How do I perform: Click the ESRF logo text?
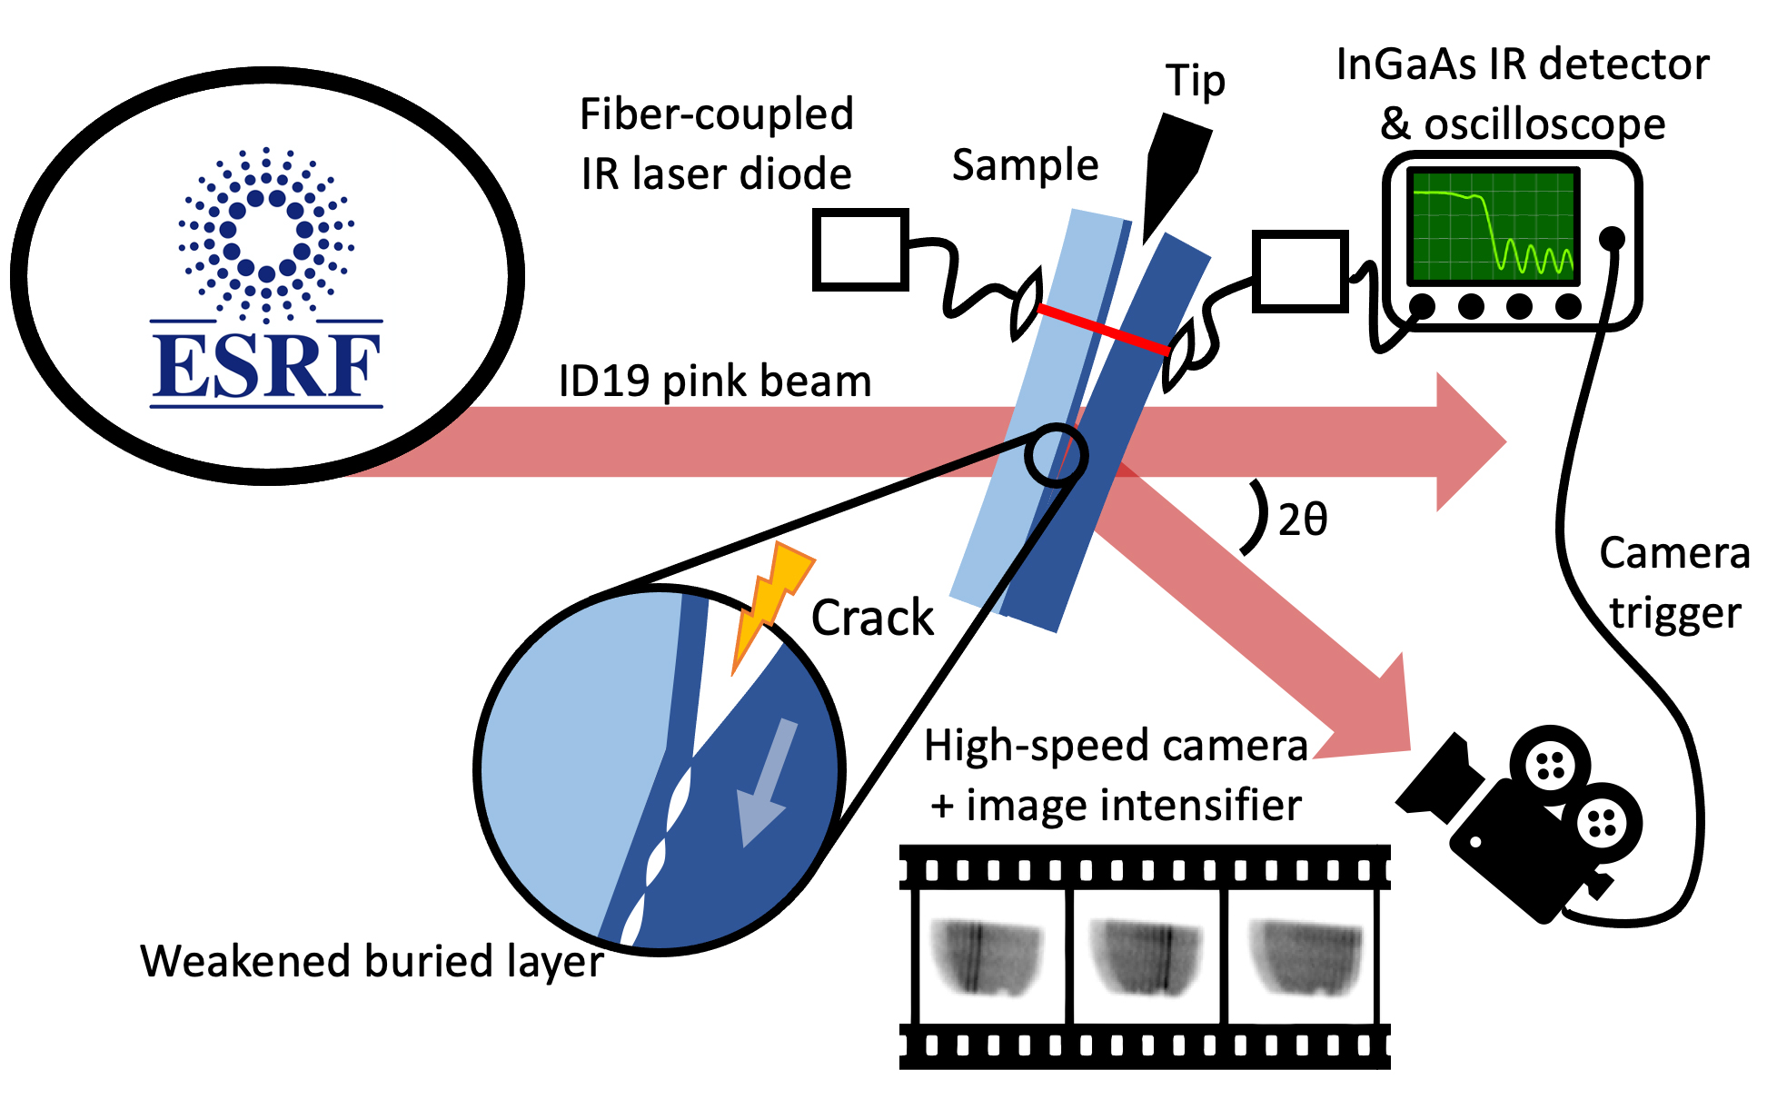point(266,365)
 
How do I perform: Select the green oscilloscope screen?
point(1492,226)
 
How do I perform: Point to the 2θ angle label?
point(1302,520)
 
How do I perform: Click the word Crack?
point(871,619)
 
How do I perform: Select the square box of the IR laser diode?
point(859,249)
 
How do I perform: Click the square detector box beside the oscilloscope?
point(1299,271)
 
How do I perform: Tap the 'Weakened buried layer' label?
point(372,961)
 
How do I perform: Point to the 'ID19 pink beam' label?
point(715,381)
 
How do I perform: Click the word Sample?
point(1025,165)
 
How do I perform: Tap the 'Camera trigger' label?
point(1673,582)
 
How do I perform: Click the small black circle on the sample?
point(1055,456)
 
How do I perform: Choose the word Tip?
point(1195,81)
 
